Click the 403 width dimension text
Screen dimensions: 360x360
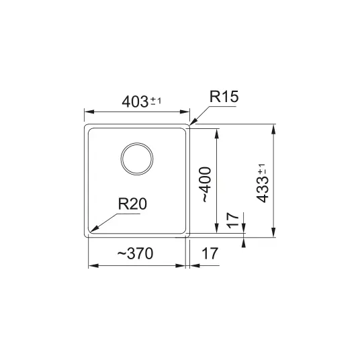135,102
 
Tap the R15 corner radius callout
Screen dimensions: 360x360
224,97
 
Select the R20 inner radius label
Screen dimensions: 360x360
132,204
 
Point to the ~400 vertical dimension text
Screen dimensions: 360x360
205,185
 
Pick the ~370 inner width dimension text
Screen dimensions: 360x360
135,253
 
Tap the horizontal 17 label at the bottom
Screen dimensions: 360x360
210,253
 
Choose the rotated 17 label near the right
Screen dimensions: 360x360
233,220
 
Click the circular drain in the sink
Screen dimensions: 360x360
137,159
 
